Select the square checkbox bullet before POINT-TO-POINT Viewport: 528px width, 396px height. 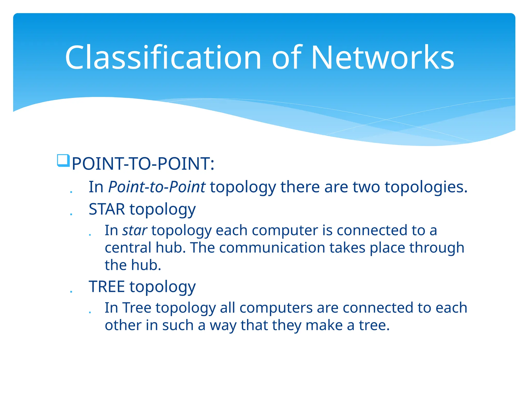click(63, 161)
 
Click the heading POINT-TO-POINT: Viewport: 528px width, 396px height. click(143, 164)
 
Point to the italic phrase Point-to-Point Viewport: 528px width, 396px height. click(157, 187)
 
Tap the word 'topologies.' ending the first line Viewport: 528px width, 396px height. click(426, 187)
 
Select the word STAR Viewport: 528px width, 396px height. click(107, 209)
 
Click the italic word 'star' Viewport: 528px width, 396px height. click(135, 230)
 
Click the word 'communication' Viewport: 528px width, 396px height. click(272, 248)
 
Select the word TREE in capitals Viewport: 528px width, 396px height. click(107, 287)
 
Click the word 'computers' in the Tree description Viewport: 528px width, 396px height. click(276, 308)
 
